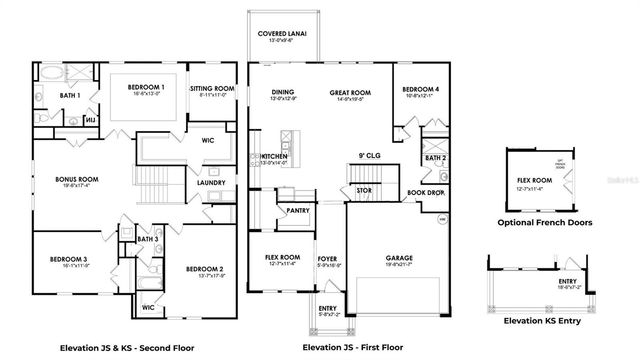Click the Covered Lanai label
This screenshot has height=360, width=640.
point(281,34)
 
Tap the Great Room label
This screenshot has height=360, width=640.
point(351,93)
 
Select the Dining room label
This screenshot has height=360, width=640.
point(283,93)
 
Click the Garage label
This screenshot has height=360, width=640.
point(400,257)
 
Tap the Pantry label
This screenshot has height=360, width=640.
point(297,211)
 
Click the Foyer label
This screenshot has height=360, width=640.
point(328,257)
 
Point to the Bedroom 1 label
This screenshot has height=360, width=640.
point(147,88)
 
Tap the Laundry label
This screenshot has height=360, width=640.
point(211,183)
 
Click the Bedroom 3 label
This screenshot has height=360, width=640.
point(69,259)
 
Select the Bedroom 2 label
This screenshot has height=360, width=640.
point(204,268)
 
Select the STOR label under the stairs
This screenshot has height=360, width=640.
point(365,189)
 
